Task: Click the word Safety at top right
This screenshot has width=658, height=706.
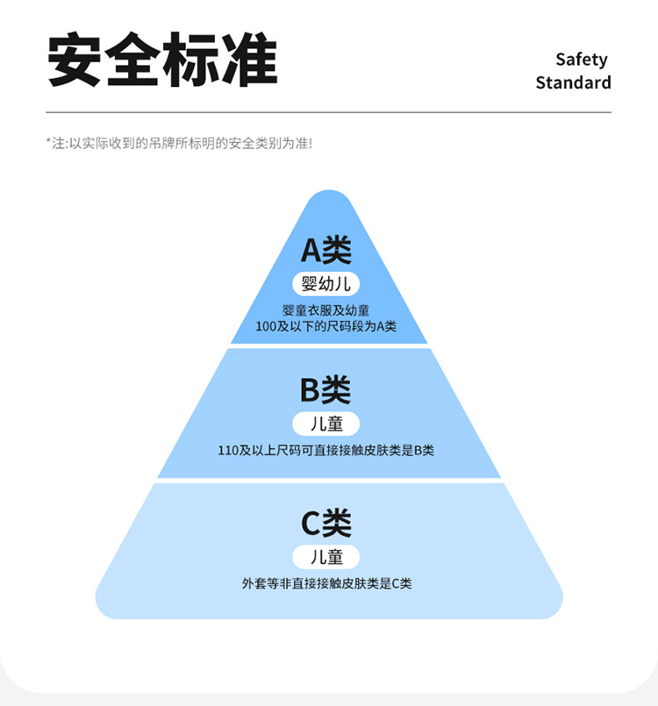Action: (581, 60)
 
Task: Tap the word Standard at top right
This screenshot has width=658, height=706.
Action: (573, 83)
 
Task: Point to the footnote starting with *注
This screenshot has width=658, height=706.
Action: (179, 143)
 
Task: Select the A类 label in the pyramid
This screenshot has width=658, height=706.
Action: (326, 251)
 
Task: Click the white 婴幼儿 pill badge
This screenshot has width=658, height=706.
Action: (326, 284)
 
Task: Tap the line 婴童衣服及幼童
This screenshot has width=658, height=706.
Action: (326, 310)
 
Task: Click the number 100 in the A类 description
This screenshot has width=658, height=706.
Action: (266, 326)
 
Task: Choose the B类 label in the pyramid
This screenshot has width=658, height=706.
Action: (326, 389)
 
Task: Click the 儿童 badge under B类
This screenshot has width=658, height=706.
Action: (326, 424)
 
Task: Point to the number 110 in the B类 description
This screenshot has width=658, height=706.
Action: (228, 451)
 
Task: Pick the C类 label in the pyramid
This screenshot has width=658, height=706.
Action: (326, 524)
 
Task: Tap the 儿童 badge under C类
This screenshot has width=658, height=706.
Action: (326, 557)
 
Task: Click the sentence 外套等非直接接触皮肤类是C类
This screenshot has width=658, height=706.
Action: (326, 583)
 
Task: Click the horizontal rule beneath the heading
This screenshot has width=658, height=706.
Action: (328, 113)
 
